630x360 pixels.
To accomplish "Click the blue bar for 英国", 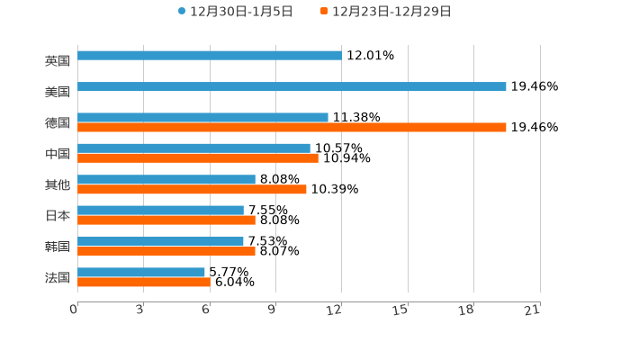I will pyautogui.click(x=209, y=56).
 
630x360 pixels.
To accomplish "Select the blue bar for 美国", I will pyautogui.click(x=292, y=87).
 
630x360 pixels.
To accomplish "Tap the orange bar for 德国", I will pyautogui.click(x=292, y=128).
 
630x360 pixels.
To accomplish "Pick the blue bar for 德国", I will pyautogui.click(x=202, y=118).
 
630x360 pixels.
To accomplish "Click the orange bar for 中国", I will pyautogui.click(x=198, y=158).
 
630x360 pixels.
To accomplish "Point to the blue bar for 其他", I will pyautogui.click(x=166, y=180).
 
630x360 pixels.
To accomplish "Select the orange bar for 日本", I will pyautogui.click(x=166, y=220).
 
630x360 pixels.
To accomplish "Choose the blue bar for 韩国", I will pyautogui.click(x=160, y=241).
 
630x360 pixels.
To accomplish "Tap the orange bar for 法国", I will pyautogui.click(x=144, y=283).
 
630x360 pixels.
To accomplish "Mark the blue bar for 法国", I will pyautogui.click(x=141, y=273).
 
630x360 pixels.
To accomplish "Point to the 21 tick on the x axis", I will pyautogui.click(x=533, y=310).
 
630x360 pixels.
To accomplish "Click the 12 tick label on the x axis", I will pyautogui.click(x=335, y=310).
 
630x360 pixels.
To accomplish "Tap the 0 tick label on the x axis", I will pyautogui.click(x=74, y=310).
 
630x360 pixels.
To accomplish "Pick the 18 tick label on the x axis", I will pyautogui.click(x=466, y=310).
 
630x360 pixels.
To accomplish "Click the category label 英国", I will pyautogui.click(x=58, y=61).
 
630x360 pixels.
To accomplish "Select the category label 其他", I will pyautogui.click(x=58, y=185).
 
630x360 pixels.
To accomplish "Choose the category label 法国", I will pyautogui.click(x=58, y=278).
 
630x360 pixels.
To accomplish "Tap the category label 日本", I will pyautogui.click(x=58, y=216).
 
